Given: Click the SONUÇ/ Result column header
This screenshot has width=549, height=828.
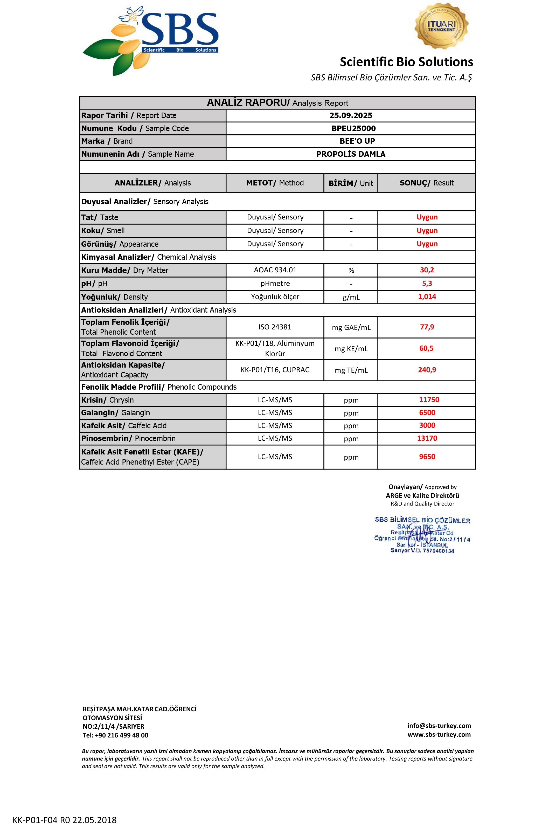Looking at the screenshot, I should [426, 183].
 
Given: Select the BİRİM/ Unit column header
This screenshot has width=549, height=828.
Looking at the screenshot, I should [351, 183].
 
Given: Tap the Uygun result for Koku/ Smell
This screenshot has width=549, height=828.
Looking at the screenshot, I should [427, 230].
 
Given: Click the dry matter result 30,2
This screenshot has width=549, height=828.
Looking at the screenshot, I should [427, 270].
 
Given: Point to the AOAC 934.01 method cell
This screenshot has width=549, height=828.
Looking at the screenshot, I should [275, 270].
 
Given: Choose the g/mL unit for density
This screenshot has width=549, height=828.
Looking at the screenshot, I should [351, 297].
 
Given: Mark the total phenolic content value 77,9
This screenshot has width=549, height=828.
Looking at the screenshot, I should [427, 327].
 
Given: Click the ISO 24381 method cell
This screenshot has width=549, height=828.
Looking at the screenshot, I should [275, 327].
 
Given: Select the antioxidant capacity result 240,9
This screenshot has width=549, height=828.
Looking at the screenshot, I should [427, 370].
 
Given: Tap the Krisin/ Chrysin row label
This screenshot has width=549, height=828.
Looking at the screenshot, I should [107, 400].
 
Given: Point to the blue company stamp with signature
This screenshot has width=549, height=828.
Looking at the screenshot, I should [422, 535].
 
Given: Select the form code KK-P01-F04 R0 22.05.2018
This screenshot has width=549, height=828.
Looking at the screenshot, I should [64, 820].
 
